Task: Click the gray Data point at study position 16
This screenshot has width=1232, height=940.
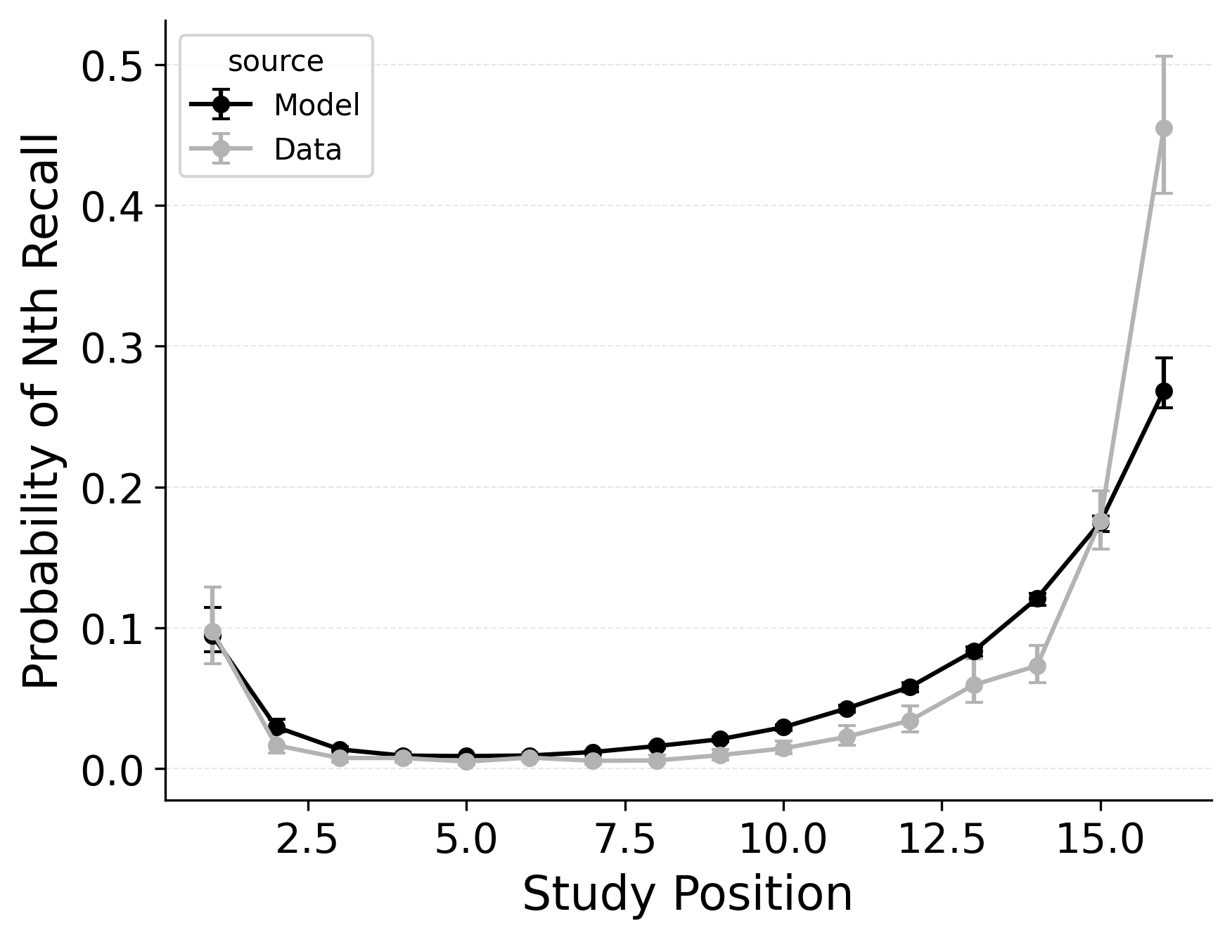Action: (1164, 128)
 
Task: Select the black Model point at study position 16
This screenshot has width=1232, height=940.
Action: (1164, 391)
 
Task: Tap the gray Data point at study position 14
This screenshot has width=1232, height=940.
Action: (1037, 665)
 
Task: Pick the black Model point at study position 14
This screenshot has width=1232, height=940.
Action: (1037, 598)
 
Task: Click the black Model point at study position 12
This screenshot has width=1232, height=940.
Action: (910, 686)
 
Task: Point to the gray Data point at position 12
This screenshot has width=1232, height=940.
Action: (910, 721)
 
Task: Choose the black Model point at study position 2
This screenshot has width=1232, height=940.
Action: (276, 727)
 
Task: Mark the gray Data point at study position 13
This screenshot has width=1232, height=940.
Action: (973, 685)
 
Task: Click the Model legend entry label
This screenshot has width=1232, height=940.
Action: (316, 105)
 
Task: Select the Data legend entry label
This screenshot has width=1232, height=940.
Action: (307, 150)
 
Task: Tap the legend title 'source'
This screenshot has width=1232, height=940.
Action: (276, 62)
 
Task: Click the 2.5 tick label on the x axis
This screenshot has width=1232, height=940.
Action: (308, 839)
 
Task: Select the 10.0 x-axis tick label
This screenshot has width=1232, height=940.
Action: (783, 839)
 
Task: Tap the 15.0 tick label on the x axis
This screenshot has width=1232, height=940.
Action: (1100, 839)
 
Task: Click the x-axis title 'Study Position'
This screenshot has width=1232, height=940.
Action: (687, 894)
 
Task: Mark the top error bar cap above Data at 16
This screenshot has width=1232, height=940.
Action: (1164, 56)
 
